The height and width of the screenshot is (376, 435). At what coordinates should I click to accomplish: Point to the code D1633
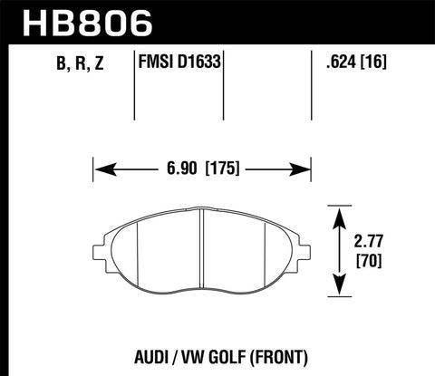(202, 64)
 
